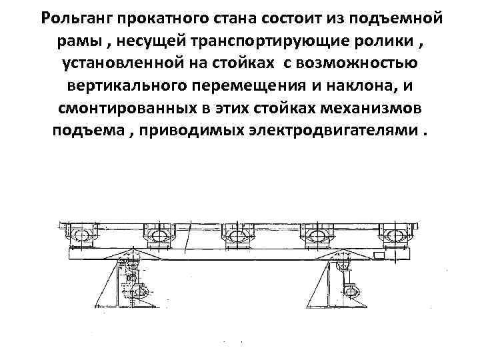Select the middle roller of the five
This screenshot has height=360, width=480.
pyautogui.click(x=238, y=236)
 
